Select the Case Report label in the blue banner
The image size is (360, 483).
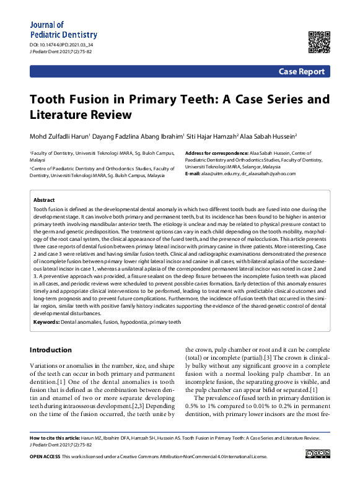(301, 72)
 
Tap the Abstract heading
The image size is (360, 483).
(43, 201)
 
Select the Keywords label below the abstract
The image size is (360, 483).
(46, 322)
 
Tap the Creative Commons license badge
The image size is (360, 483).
(317, 456)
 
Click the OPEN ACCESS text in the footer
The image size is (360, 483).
(45, 456)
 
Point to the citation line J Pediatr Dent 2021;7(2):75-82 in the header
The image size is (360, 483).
(61, 53)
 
